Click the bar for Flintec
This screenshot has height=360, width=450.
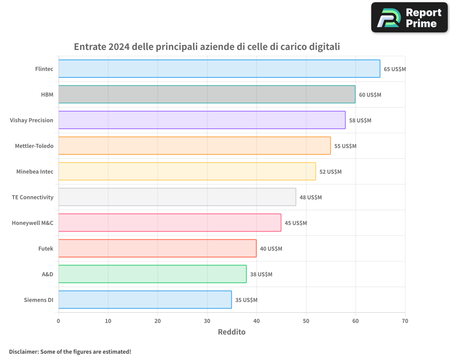point(219,69)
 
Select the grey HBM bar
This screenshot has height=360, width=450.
point(207,94)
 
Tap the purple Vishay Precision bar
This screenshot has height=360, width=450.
point(202,120)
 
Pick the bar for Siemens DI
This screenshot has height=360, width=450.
point(145,300)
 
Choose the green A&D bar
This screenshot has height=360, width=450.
point(153,274)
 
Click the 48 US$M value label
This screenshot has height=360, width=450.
point(310,197)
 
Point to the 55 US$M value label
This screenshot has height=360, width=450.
point(345,146)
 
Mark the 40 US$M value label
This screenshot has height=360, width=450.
point(271,248)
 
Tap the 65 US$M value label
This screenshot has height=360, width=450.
point(395,69)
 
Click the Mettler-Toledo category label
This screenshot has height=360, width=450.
point(34,146)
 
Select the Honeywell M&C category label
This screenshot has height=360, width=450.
point(32,223)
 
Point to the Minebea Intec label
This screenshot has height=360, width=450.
point(35,171)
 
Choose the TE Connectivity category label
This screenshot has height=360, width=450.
point(32,197)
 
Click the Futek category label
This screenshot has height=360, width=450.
point(45,248)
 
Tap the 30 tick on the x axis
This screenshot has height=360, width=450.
point(207,321)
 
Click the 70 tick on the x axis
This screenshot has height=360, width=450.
point(405,321)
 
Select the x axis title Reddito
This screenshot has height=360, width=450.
point(232,332)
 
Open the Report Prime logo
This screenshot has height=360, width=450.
point(409,18)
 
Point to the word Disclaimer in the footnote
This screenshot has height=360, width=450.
point(23,351)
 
